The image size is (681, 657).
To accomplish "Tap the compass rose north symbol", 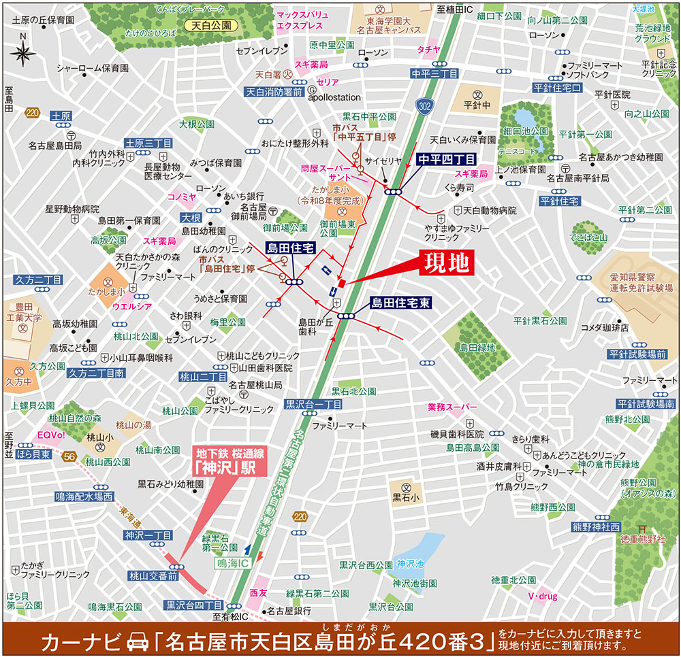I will click(24, 50).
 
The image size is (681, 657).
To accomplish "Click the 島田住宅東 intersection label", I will click(401, 302).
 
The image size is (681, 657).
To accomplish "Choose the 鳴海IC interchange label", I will click(233, 563).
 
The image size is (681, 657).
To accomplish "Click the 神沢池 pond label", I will click(411, 563).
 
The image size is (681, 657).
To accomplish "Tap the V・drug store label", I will click(543, 596).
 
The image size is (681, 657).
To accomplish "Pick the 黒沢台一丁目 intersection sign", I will click(314, 404).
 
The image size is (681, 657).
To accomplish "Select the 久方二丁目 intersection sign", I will click(38, 280).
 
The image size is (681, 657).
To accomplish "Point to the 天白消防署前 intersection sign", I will click(274, 91).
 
